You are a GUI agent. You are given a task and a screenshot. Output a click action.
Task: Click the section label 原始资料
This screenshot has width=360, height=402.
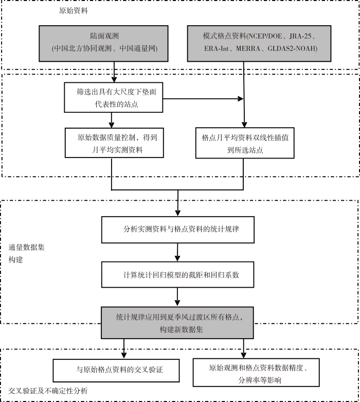click(74, 11)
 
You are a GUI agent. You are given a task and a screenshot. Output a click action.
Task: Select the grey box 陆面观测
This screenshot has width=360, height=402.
click(103, 43)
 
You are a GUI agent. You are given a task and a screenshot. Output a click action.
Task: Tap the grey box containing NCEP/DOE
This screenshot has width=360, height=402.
click(259, 43)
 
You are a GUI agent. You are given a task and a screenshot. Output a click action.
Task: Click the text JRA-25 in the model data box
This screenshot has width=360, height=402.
click(300, 36)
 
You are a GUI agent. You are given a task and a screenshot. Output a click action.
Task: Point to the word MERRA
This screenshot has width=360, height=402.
click(248, 48)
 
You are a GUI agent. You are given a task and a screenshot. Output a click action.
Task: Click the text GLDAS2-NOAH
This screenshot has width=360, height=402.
click(292, 48)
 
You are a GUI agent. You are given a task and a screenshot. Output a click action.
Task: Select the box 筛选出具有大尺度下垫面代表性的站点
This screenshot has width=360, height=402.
click(114, 97)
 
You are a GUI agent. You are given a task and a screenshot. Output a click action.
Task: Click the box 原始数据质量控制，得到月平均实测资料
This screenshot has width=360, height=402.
click(114, 143)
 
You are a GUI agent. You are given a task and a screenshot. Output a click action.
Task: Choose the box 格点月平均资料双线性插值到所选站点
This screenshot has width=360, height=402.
click(245, 143)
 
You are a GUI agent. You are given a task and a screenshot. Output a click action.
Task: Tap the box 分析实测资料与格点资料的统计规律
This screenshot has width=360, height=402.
click(178, 230)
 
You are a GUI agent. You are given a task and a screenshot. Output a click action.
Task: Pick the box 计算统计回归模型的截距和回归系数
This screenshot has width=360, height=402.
click(177, 274)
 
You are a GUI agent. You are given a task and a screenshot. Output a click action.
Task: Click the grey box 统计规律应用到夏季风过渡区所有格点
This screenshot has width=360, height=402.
click(177, 323)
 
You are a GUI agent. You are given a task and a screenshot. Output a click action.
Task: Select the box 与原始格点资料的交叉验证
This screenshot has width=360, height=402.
click(116, 371)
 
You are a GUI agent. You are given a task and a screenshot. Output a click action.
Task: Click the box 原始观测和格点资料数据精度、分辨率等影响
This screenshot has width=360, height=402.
click(256, 373)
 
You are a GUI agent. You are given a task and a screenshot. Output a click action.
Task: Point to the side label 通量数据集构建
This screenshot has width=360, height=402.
click(26, 254)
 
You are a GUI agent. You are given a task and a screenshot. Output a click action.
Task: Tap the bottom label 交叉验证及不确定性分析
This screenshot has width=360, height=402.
click(48, 391)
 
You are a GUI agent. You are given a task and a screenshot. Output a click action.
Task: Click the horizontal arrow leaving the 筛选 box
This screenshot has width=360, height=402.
click(203, 99)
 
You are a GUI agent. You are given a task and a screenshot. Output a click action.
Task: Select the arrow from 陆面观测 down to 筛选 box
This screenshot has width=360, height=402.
click(114, 72)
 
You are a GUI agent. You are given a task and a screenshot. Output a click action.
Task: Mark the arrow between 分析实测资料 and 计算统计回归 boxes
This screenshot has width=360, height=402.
click(177, 252)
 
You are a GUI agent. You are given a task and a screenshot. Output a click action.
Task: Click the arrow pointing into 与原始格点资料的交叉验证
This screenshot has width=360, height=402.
click(124, 348)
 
